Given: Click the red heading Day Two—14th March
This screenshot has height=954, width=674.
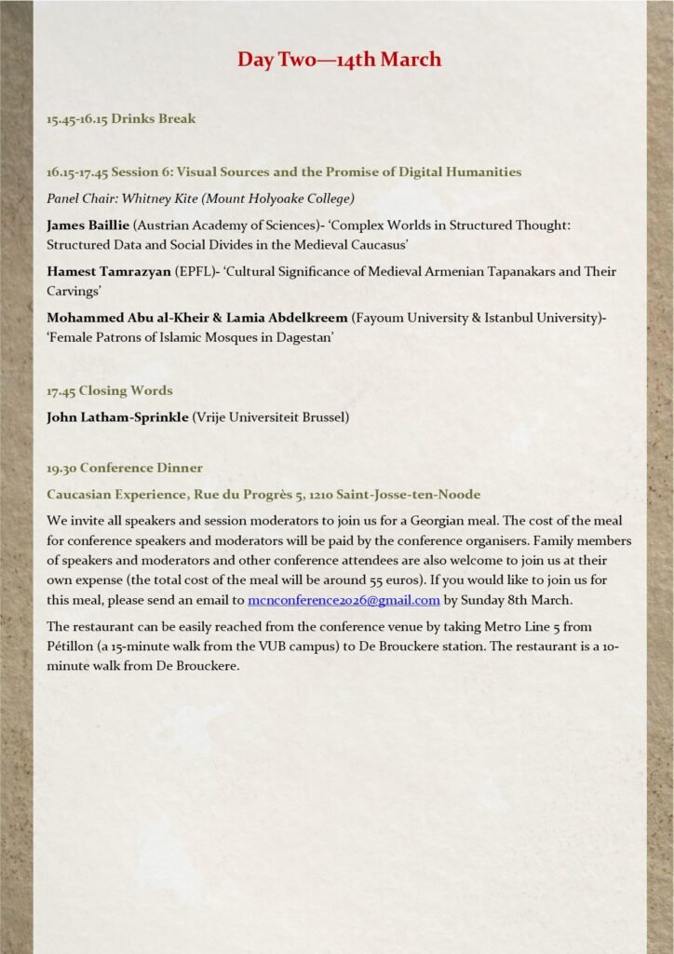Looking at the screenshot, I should point(339,60).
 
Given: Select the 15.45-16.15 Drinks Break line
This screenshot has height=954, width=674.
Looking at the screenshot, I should point(121,118).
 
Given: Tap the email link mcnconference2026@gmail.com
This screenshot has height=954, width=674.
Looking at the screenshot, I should point(344,600).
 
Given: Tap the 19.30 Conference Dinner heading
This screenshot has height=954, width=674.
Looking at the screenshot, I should point(125,467).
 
